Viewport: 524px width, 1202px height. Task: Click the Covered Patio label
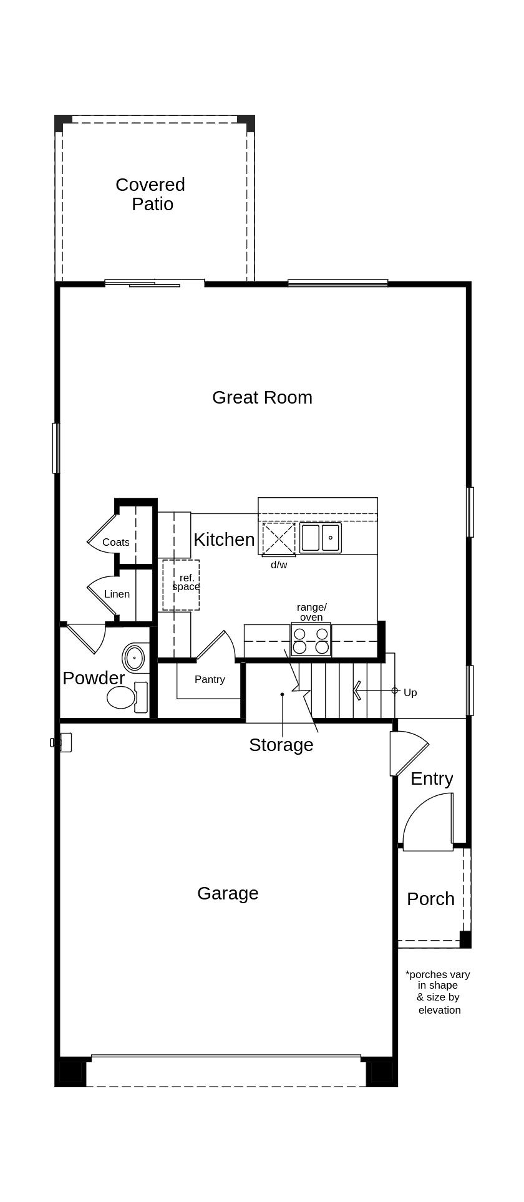click(150, 194)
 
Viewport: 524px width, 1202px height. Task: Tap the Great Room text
click(262, 397)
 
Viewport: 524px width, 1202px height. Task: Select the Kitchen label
click(224, 540)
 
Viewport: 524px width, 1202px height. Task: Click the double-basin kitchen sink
click(321, 538)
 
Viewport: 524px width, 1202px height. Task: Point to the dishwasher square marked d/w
click(278, 538)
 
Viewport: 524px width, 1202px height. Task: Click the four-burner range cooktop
click(311, 640)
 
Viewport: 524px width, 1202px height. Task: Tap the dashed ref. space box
click(181, 585)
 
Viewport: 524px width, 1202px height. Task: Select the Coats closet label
click(116, 543)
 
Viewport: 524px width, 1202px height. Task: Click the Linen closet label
click(117, 594)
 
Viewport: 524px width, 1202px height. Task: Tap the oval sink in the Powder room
click(134, 657)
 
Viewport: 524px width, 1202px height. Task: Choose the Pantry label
click(210, 680)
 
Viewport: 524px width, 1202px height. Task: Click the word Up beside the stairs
click(410, 693)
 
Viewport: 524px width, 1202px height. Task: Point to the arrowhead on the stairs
click(357, 691)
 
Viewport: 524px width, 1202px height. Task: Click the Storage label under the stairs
click(281, 745)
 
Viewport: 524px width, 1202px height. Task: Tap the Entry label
click(432, 778)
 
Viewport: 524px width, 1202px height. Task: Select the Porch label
click(430, 899)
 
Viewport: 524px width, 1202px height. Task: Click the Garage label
click(228, 893)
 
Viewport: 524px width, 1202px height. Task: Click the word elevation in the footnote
click(439, 1010)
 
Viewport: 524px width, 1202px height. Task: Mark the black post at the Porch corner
click(465, 939)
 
